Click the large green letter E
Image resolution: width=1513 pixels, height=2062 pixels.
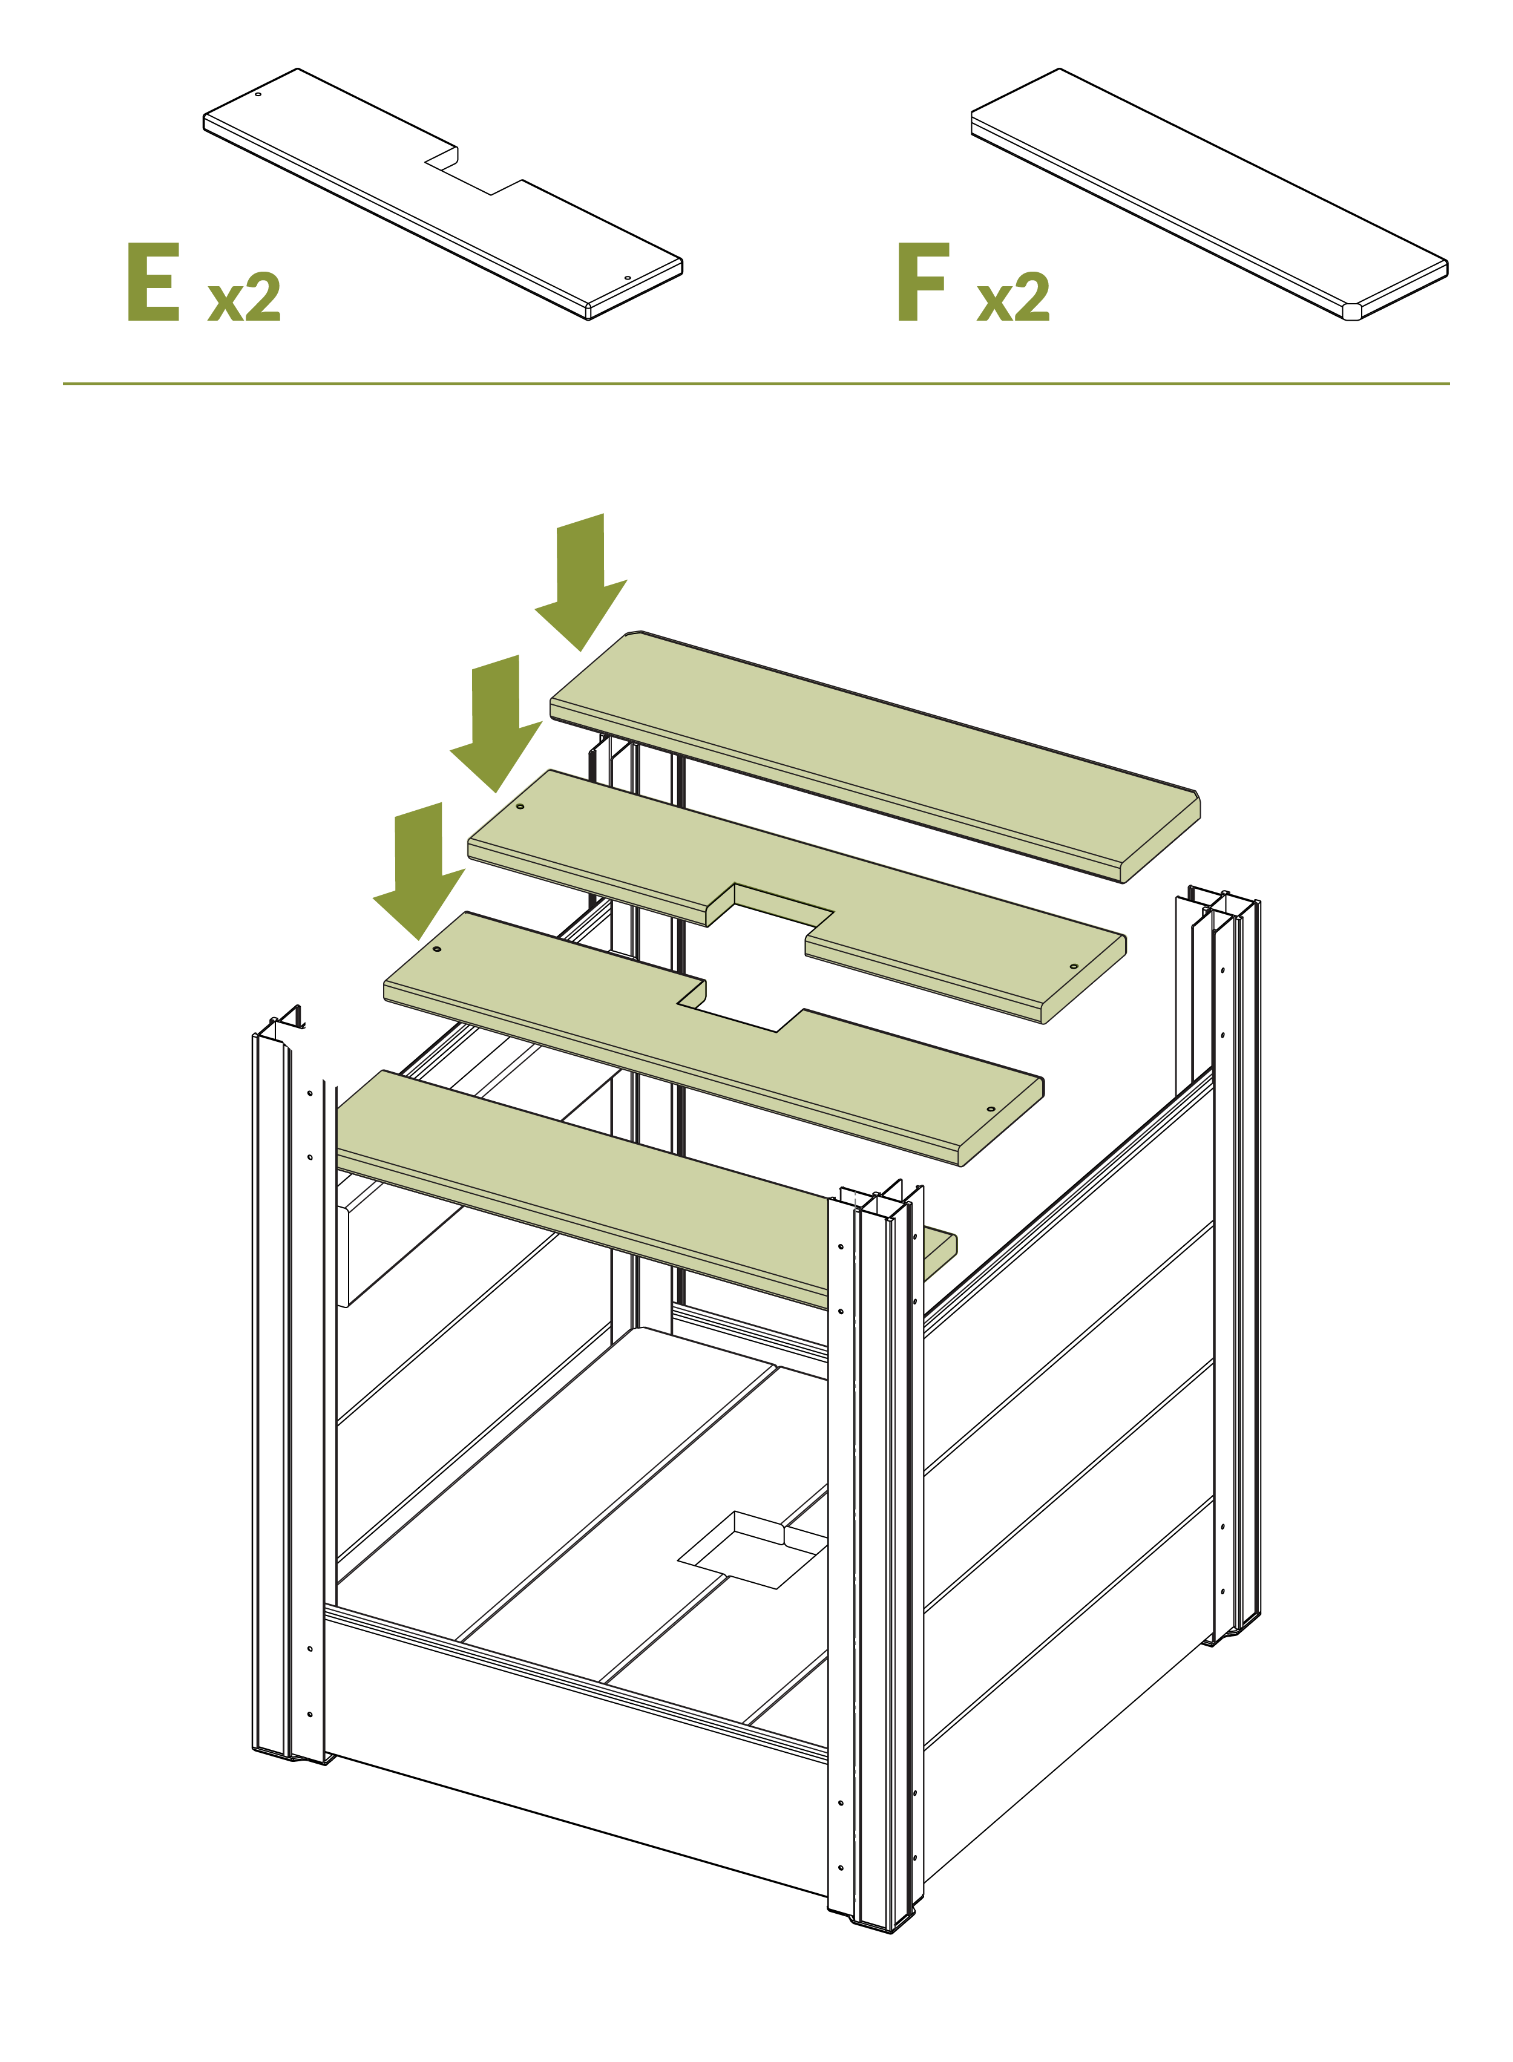click(153, 281)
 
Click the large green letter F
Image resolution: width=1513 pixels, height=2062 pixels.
click(922, 281)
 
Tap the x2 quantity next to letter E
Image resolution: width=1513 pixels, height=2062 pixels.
click(244, 296)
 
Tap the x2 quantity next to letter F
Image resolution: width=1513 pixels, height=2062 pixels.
click(1013, 296)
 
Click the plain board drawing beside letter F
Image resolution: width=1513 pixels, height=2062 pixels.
click(1209, 194)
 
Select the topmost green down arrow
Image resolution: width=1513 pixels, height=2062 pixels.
click(580, 581)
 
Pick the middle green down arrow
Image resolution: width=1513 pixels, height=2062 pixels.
click(496, 724)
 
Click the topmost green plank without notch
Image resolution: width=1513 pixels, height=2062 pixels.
click(875, 756)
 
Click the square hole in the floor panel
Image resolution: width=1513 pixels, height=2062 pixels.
click(753, 1550)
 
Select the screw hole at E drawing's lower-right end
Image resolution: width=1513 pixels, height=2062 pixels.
click(628, 278)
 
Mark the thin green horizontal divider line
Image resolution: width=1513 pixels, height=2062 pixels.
click(755, 384)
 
